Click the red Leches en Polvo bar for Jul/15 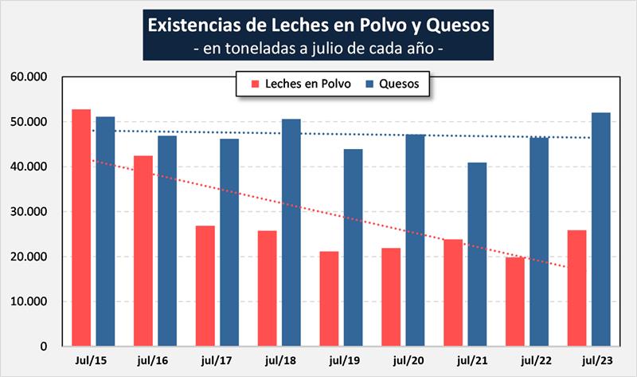(x=81, y=228)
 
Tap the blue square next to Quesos (x=369, y=83)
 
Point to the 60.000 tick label (x=29, y=77)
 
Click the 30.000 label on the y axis (x=29, y=212)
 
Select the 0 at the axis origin (x=45, y=347)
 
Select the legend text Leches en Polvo (x=307, y=83)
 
